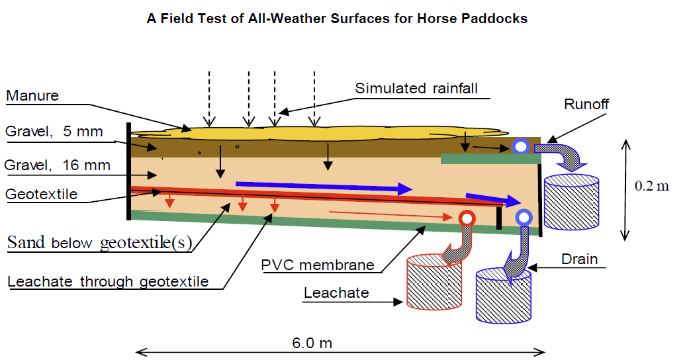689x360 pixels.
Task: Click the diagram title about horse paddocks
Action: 337,19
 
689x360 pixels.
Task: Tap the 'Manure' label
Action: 32,96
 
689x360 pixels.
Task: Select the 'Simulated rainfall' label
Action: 416,89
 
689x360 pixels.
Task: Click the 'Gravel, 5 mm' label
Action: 54,132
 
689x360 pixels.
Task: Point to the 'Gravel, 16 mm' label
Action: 58,165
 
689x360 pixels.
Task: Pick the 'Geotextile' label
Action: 41,195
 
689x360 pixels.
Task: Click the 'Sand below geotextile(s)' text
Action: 99,243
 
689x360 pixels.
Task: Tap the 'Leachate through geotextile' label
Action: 108,282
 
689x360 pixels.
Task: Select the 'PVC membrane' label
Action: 317,265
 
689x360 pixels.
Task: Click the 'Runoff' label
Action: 586,104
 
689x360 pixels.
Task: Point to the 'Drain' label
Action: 579,259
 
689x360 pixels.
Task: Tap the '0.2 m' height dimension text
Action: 652,186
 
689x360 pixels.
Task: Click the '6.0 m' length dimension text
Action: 312,343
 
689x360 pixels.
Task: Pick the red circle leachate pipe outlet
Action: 467,218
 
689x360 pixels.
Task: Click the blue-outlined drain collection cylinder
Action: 504,295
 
